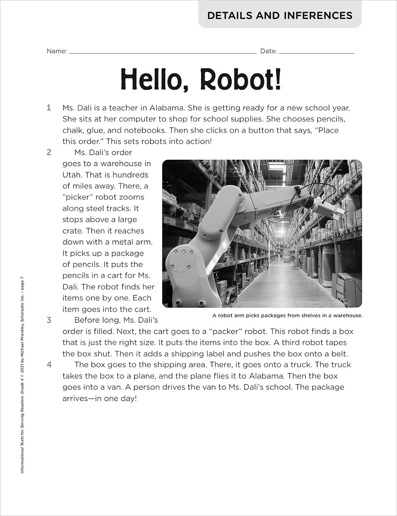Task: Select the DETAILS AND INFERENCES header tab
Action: (280, 15)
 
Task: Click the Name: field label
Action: (57, 51)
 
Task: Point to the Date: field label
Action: (268, 51)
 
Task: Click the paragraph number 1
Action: (49, 108)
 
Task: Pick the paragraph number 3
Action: (49, 320)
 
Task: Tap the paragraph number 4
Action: (49, 365)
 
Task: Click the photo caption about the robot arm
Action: (287, 315)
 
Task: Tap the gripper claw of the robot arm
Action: (327, 210)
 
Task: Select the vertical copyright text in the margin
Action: (22, 375)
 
